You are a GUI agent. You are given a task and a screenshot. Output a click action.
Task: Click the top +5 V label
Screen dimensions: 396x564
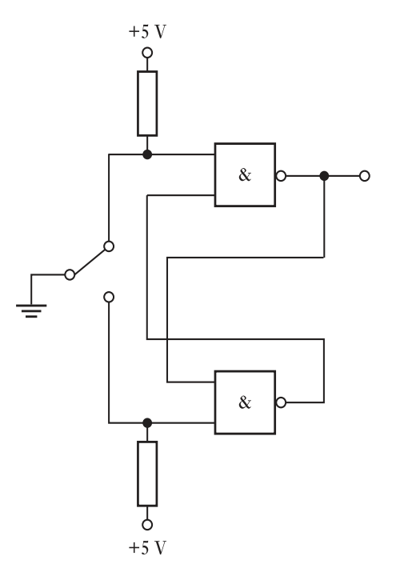(x=147, y=32)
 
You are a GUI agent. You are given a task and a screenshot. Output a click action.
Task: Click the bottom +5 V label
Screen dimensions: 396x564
(x=147, y=548)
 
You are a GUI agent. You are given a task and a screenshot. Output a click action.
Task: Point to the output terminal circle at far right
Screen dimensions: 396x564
(x=364, y=176)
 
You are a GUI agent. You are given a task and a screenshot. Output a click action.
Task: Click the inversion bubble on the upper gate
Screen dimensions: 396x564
(x=281, y=176)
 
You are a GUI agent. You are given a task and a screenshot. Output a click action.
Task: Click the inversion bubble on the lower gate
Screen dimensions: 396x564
(x=281, y=402)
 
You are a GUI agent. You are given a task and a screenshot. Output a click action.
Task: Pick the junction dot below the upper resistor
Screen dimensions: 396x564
(x=147, y=154)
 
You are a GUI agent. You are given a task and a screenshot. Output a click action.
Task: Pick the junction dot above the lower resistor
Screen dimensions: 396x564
(x=147, y=423)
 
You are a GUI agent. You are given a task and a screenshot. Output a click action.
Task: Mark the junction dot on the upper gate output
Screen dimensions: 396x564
(x=324, y=176)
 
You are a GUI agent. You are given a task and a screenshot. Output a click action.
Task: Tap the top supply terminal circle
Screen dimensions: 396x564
(x=147, y=53)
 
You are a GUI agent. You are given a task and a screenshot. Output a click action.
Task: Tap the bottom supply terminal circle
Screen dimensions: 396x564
(x=147, y=525)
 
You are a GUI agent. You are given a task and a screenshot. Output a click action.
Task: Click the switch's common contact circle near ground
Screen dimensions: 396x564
(x=70, y=275)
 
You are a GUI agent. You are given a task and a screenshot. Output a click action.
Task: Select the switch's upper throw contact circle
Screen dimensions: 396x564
(x=109, y=246)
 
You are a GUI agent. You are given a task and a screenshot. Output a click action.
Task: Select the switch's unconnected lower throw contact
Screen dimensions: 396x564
(x=109, y=297)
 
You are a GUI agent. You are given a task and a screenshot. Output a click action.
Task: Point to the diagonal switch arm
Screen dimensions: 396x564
(x=89, y=261)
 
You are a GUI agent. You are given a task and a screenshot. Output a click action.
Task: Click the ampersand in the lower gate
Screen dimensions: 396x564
(x=245, y=402)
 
